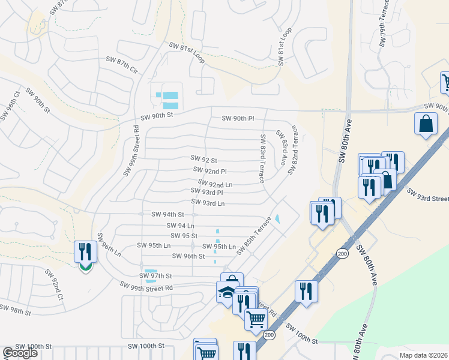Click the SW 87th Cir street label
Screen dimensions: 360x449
click(x=122, y=65)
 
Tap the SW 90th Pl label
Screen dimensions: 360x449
click(x=238, y=119)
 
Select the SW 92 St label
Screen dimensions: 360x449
click(x=203, y=160)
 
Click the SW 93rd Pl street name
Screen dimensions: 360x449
click(x=208, y=193)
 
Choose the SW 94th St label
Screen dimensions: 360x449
click(x=167, y=214)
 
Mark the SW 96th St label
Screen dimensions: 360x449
click(x=188, y=256)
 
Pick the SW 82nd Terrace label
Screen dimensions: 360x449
click(x=292, y=150)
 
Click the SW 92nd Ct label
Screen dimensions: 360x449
click(x=53, y=284)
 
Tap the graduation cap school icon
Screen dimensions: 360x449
click(x=226, y=292)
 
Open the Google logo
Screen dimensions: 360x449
click(x=20, y=353)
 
